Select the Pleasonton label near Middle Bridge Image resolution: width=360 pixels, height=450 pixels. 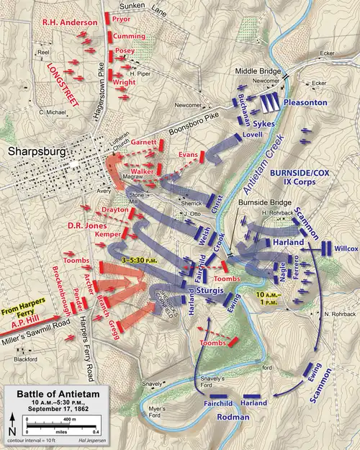[x=305, y=103]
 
